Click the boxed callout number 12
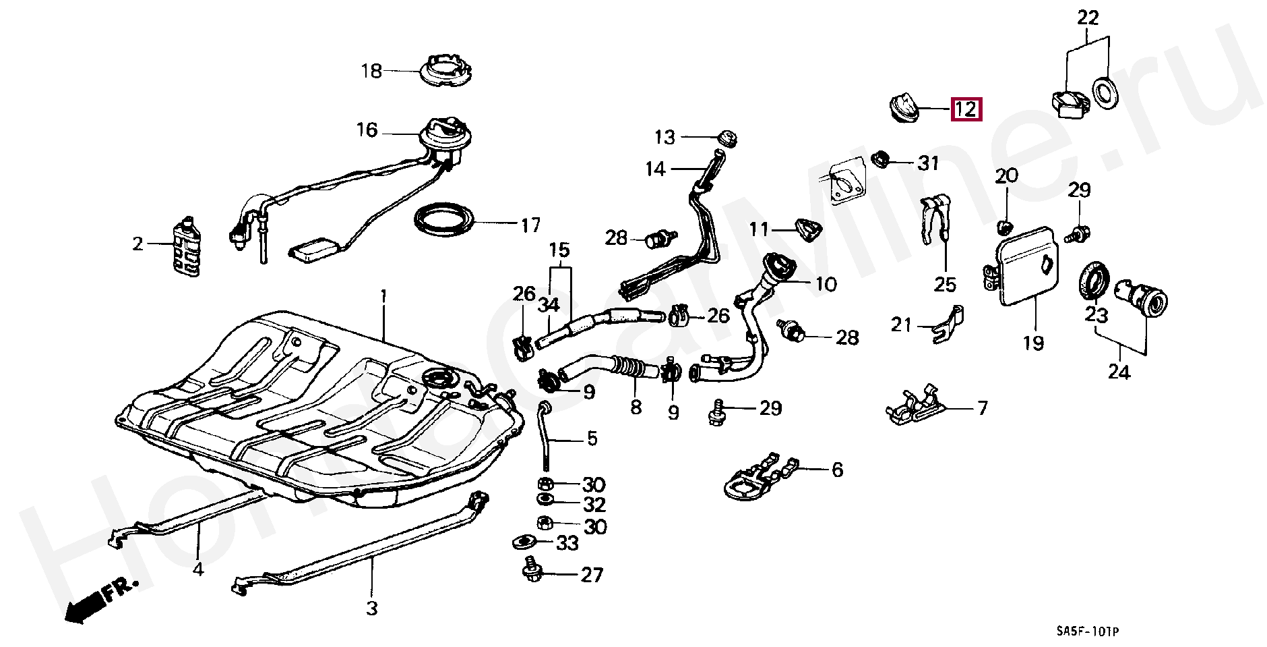[966, 109]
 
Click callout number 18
[371, 71]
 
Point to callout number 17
[530, 225]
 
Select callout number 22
[1088, 18]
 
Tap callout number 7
[982, 408]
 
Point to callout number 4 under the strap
[198, 569]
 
